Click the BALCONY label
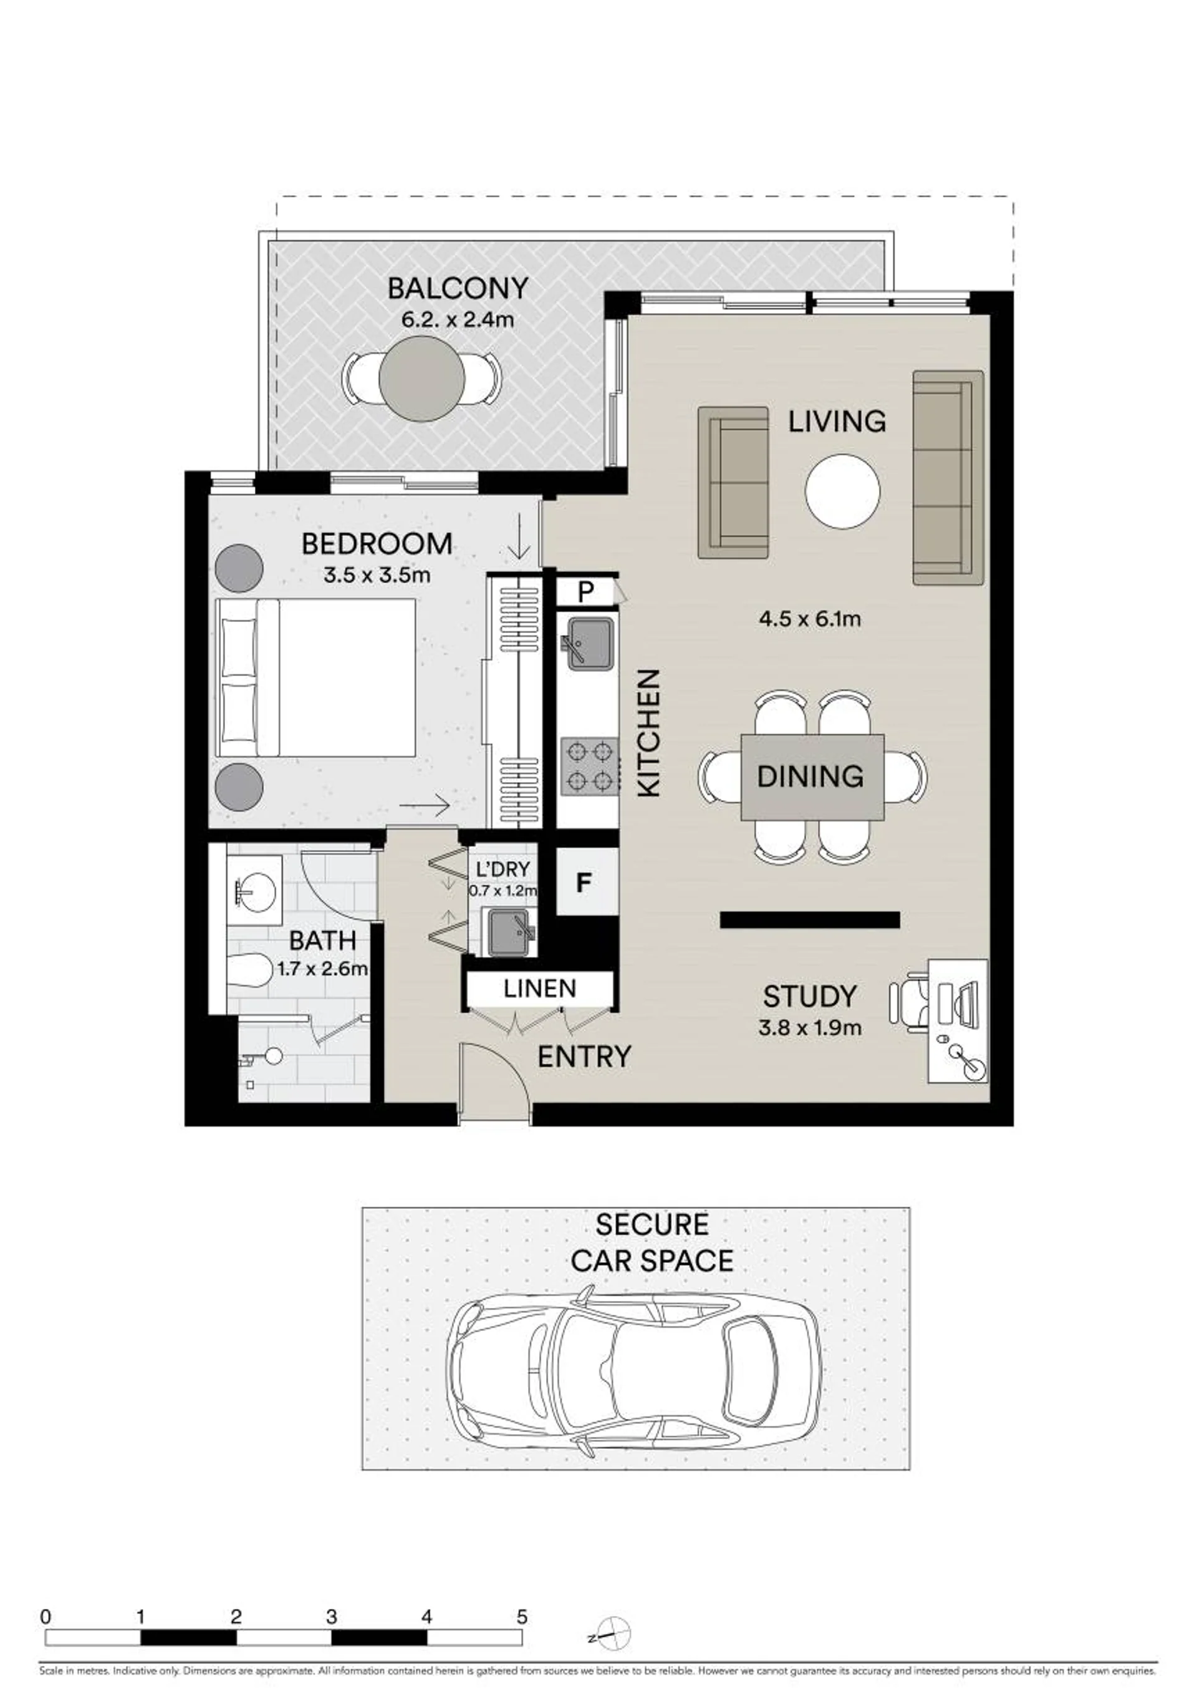(x=458, y=289)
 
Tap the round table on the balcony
(x=422, y=379)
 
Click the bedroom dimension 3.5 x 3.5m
(x=377, y=575)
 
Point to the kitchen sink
(x=589, y=644)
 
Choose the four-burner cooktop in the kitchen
(x=589, y=766)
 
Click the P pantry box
(x=585, y=592)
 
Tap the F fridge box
(x=585, y=883)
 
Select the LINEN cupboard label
(x=540, y=989)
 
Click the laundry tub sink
(x=509, y=932)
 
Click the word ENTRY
(x=584, y=1057)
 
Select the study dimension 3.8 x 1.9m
(x=810, y=1028)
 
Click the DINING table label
(x=810, y=776)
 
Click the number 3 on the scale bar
(x=331, y=1617)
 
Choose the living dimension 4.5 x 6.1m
(x=810, y=618)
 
